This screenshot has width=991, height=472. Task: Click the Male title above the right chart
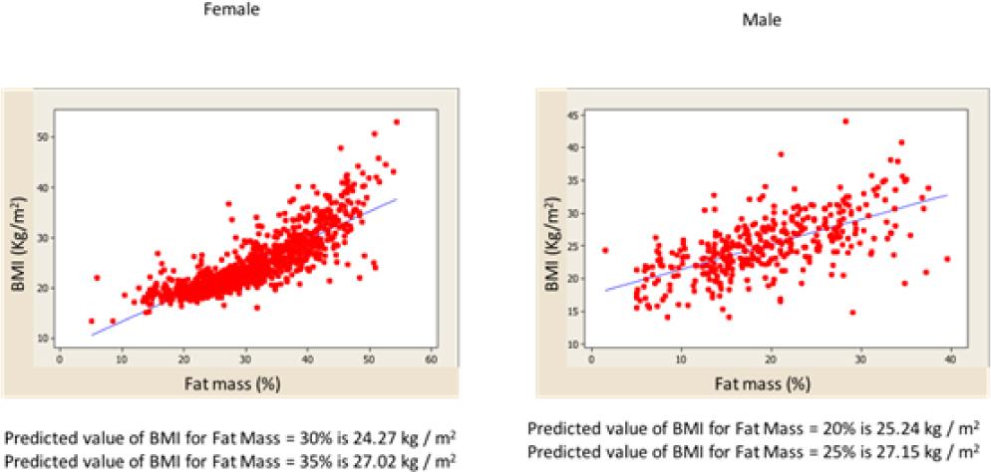pyautogui.click(x=762, y=19)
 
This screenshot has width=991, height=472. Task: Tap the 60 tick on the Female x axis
pyautogui.click(x=431, y=358)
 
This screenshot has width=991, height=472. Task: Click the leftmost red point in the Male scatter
pyautogui.click(x=604, y=250)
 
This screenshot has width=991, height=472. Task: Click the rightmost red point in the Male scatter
pyautogui.click(x=947, y=259)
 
